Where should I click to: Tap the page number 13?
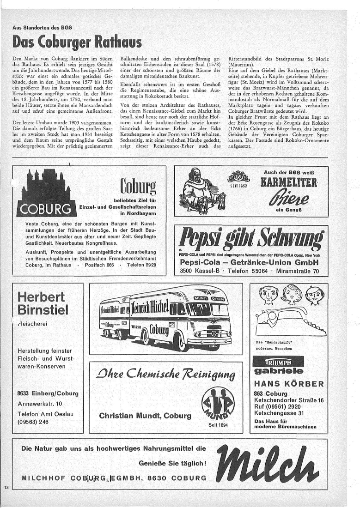pos(6,488)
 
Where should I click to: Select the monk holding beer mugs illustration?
pos(200,190)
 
